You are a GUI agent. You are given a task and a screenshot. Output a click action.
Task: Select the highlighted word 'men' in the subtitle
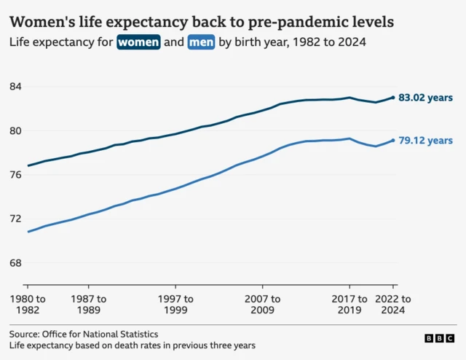(x=201, y=42)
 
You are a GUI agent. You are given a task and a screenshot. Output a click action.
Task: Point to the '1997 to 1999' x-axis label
(x=175, y=305)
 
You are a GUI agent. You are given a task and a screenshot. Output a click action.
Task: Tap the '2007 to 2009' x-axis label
(x=262, y=305)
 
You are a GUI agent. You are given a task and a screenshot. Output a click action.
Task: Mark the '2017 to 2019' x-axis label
(x=349, y=305)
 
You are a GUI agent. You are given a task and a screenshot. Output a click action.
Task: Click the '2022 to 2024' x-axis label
(x=392, y=305)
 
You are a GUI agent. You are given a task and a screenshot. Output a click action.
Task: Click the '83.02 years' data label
(x=427, y=98)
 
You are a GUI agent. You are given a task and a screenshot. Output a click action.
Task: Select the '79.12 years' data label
(x=427, y=141)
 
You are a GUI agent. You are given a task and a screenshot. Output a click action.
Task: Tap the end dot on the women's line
(x=394, y=98)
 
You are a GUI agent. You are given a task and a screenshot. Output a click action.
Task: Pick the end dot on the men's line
(x=394, y=141)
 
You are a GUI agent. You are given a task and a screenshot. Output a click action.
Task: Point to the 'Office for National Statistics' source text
(x=100, y=334)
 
